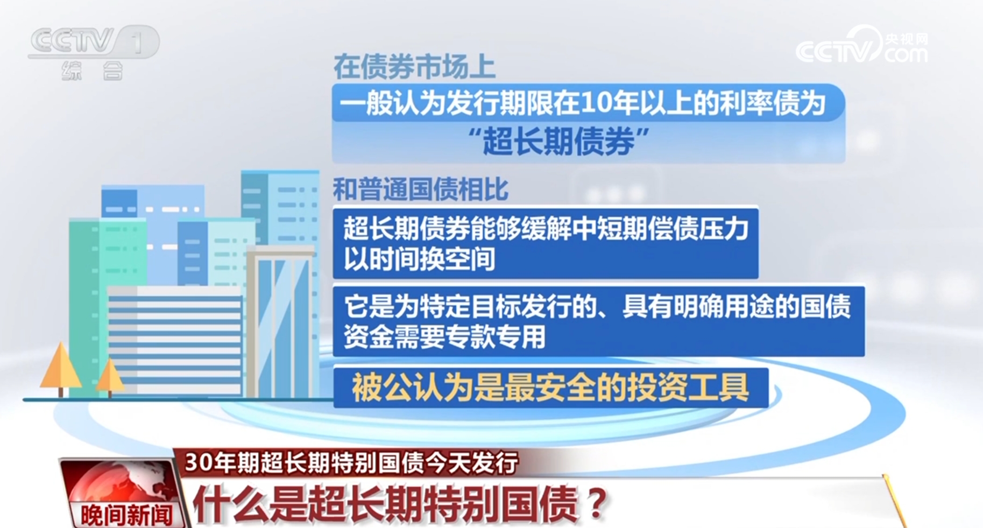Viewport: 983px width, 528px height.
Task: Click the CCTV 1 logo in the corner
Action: (94, 42)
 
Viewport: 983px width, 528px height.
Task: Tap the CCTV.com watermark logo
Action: (861, 46)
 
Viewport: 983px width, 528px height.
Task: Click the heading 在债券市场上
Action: (414, 67)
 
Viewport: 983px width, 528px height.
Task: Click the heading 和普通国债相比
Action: (420, 189)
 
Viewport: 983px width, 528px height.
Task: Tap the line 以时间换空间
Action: (419, 259)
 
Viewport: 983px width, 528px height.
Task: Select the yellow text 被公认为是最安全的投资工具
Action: (550, 388)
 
